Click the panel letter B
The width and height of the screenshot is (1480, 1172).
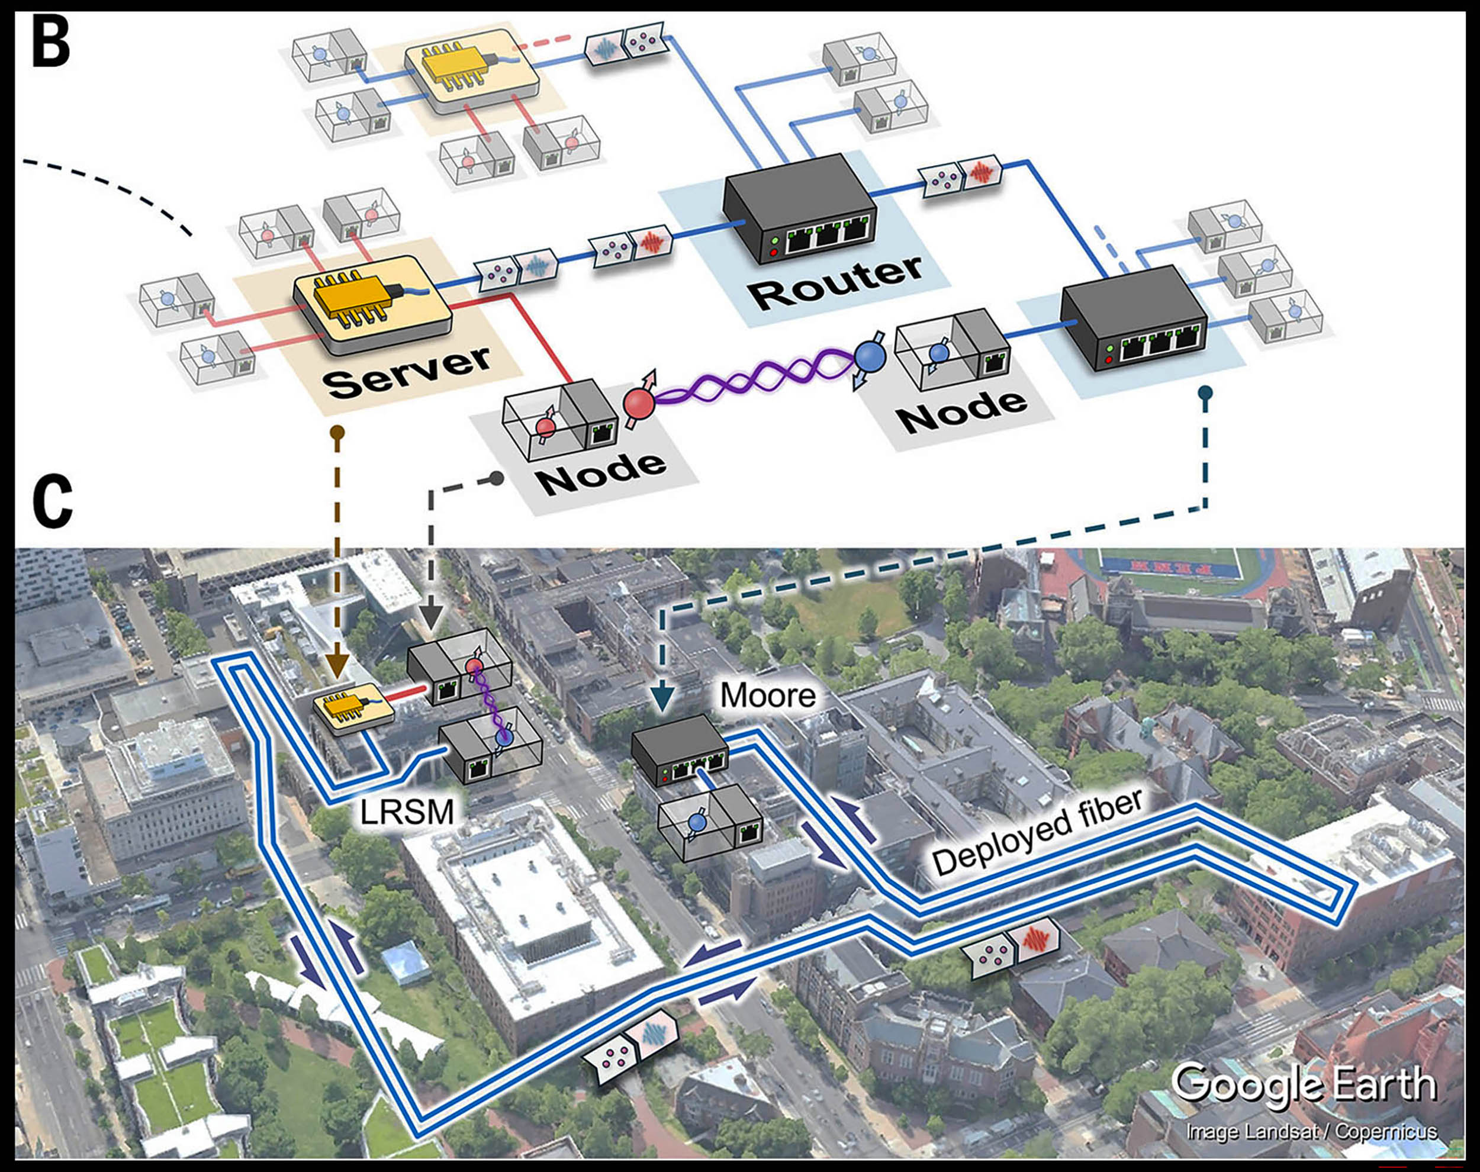click(x=52, y=43)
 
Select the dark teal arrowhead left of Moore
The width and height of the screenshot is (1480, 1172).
click(x=664, y=701)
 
